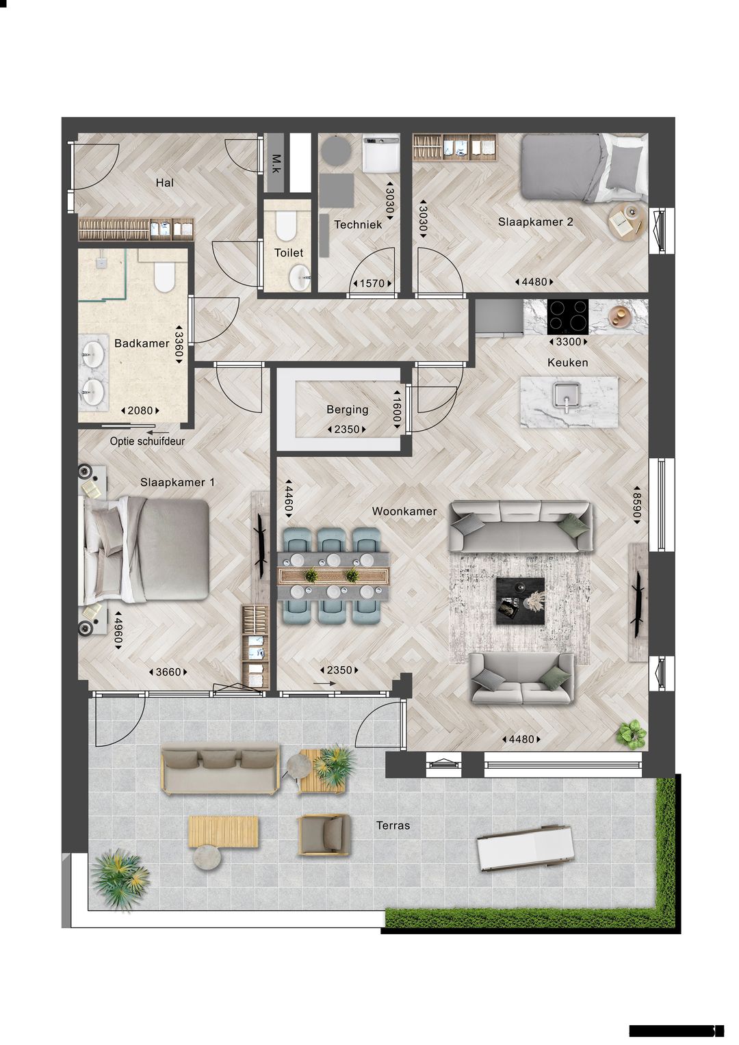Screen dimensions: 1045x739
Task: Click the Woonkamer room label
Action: pos(404,511)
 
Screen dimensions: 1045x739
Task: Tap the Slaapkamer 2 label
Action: pos(535,222)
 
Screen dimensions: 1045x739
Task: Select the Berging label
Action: pos(347,410)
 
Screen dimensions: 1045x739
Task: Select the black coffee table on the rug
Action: pos(519,600)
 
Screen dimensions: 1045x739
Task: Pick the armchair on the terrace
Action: pos(324,834)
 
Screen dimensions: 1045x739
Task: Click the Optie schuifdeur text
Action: pos(147,441)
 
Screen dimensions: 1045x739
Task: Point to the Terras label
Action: pos(393,825)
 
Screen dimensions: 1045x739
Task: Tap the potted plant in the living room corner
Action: pos(631,732)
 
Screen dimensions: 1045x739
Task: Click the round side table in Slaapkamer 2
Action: pos(626,222)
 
